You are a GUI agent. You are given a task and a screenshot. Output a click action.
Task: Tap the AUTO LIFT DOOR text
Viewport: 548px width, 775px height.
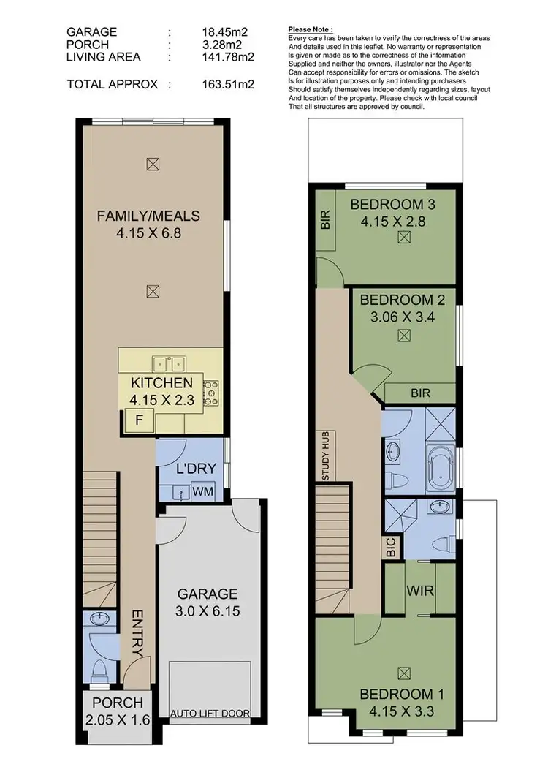tap(209, 713)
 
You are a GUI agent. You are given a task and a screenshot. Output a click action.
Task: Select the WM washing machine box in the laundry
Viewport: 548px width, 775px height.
tap(203, 492)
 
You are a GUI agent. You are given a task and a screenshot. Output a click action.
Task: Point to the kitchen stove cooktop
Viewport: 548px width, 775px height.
tap(211, 393)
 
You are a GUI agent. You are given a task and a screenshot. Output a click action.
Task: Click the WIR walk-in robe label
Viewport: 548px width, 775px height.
tap(420, 589)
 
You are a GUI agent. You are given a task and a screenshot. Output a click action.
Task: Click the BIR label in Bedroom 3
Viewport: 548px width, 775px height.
tap(325, 220)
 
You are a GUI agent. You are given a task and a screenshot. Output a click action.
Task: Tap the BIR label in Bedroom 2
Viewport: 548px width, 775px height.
tap(420, 393)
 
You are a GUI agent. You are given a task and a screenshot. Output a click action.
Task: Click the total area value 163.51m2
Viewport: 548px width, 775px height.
tap(228, 84)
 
